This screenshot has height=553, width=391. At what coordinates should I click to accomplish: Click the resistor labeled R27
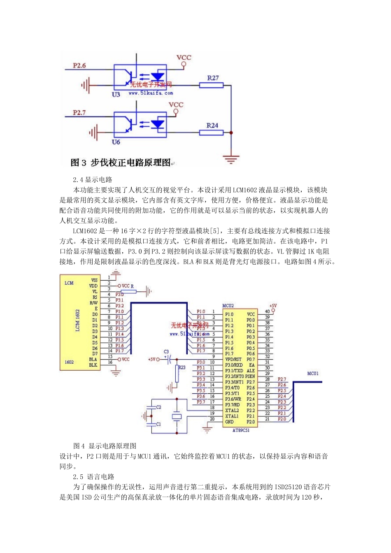(x=211, y=85)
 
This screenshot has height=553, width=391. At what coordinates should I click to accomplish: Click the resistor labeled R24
(x=211, y=132)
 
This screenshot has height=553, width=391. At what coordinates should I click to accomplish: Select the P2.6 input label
(x=79, y=65)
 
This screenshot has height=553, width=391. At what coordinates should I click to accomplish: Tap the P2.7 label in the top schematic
(x=79, y=112)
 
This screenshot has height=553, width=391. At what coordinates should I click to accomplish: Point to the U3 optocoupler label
(x=116, y=95)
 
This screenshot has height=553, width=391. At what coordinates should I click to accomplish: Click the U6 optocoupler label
(x=116, y=142)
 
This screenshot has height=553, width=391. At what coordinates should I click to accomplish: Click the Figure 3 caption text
(x=121, y=163)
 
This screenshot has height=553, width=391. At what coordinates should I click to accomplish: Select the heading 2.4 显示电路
(x=93, y=180)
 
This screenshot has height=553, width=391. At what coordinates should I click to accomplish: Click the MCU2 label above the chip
(x=228, y=306)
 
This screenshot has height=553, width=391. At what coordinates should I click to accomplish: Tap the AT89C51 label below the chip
(x=241, y=430)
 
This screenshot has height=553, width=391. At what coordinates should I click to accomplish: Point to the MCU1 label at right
(x=313, y=374)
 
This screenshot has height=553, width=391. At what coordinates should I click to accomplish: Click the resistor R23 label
(x=182, y=367)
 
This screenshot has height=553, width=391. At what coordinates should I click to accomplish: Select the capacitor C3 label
(x=166, y=352)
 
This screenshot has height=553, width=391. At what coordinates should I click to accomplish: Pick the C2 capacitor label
(x=159, y=407)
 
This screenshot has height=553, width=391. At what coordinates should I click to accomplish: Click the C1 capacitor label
(x=159, y=424)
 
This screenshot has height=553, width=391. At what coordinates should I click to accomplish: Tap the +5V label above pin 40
(x=273, y=306)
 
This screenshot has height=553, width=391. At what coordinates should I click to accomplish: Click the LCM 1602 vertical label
(x=77, y=321)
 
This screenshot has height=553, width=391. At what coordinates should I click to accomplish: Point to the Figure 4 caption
(x=105, y=446)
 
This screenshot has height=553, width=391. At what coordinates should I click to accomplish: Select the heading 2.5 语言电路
(x=94, y=477)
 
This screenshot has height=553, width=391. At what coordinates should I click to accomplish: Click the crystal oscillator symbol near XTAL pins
(x=177, y=416)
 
